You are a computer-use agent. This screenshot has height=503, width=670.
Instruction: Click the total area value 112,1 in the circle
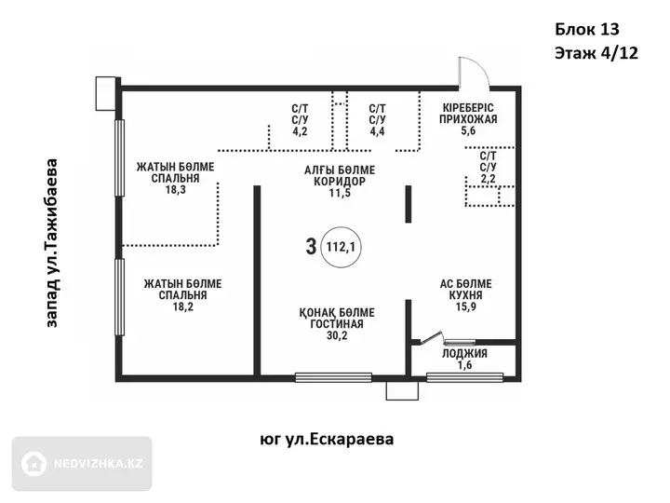coord(341,247)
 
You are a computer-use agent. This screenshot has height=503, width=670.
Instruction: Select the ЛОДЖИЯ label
coord(464,353)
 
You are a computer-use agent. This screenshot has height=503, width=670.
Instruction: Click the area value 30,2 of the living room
coord(337,335)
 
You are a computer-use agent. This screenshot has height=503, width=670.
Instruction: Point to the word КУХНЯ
coord(466,295)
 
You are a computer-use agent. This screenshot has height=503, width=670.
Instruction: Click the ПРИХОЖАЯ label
coord(468,119)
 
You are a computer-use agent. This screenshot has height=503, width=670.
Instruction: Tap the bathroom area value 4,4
coord(377,131)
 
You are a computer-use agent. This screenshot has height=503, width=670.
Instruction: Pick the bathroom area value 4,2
coord(300,131)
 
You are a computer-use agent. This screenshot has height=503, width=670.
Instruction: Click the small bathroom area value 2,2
coord(488,178)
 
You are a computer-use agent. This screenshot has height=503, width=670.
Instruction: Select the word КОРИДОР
coord(340,182)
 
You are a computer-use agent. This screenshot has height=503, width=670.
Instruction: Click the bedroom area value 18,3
coord(176,189)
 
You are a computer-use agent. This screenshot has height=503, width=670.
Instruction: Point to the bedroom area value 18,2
coord(183,306)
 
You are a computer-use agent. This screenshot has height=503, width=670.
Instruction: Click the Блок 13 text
coord(587,29)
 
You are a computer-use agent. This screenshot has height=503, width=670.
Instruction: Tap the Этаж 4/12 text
coord(596,53)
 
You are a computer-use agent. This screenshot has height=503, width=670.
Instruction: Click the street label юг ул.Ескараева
coord(327,440)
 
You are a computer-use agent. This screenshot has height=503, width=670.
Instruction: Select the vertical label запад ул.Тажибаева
coord(51,243)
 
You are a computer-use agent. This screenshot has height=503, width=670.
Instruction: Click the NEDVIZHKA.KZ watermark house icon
coord(34,464)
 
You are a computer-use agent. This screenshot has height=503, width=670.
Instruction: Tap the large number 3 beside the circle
coord(311,247)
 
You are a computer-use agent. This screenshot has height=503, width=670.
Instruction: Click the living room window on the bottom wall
coord(333,377)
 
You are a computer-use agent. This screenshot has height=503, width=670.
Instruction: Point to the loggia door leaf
coord(432,338)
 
